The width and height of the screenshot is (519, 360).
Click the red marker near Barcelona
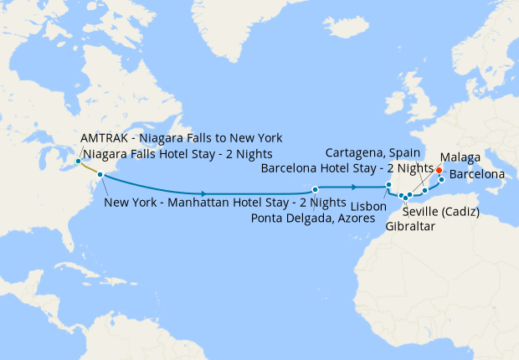pos(439,170)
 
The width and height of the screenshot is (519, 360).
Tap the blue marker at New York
pos(100,175)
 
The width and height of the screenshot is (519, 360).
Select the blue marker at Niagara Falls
pos(78,161)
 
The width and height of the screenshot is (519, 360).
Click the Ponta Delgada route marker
pos(315,189)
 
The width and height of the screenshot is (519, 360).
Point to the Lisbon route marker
pos(388,186)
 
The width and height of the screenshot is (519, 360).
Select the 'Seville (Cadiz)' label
pos(440,211)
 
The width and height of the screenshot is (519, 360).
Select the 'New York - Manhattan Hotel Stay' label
pos(224,203)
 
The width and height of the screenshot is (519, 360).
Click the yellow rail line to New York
pos(89,168)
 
